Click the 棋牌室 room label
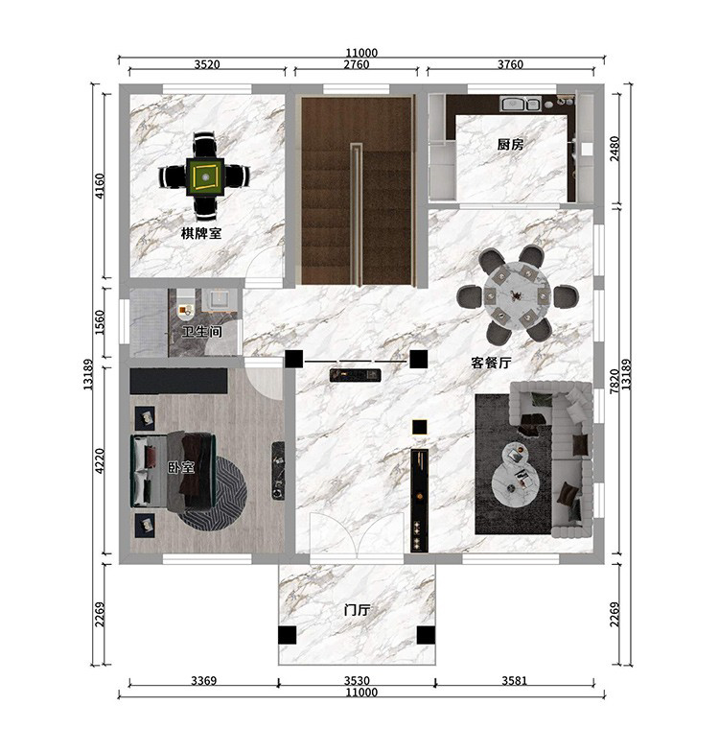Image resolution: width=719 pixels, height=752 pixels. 201,234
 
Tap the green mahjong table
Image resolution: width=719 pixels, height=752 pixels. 205,176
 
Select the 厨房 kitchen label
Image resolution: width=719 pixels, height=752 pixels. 510,144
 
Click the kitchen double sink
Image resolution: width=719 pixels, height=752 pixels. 520,104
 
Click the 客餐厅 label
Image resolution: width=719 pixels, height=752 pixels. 491,363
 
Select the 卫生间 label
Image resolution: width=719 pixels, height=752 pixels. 201,331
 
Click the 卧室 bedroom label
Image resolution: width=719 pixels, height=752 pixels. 181,467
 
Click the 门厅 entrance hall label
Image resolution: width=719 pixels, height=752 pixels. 357,610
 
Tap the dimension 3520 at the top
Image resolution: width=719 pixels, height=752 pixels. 207,63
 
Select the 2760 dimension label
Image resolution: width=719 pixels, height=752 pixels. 357,63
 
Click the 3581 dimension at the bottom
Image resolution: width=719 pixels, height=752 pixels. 514,680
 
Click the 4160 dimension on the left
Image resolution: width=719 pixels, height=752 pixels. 100,186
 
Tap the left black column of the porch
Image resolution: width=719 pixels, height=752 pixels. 288,635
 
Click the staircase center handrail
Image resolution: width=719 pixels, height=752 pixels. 356,214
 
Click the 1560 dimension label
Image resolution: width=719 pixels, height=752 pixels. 100,322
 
